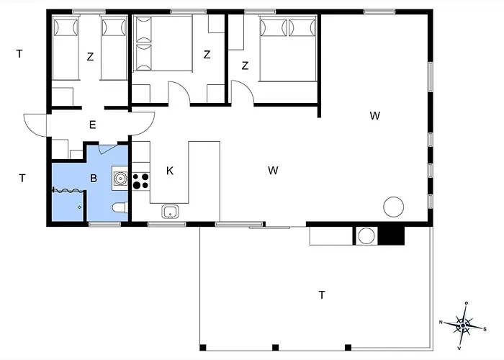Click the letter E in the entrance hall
coord(93,125)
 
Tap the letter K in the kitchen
coord(170,171)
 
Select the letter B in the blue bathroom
coord(94,178)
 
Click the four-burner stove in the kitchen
coord(141,181)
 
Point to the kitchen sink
coord(171,212)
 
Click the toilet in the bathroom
coord(120,207)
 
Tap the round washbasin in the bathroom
coord(120,179)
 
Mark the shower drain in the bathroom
coord(80,207)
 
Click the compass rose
coord(463,325)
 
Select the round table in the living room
coord(393,207)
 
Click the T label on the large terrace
coord(322,294)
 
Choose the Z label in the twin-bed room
coord(90,57)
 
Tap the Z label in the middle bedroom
coord(207,55)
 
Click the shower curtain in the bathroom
coord(68,190)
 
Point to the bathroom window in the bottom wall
coord(105,224)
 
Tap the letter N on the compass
coord(441,322)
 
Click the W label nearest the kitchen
coord(273,171)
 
